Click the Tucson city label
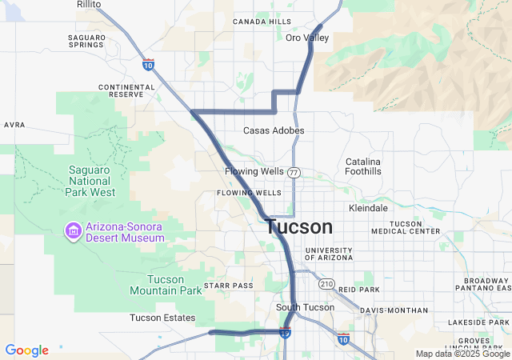[298, 227]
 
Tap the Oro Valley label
[307, 38]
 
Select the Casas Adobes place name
[274, 130]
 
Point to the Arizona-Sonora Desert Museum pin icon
[74, 231]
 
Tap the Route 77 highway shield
[294, 172]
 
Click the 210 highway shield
[326, 284]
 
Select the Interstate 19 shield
[286, 332]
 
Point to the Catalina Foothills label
[363, 166]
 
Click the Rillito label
[89, 4]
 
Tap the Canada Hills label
[262, 22]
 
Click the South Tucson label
[304, 307]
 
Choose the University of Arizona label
[328, 254]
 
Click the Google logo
[26, 350]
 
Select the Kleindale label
[369, 208]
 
